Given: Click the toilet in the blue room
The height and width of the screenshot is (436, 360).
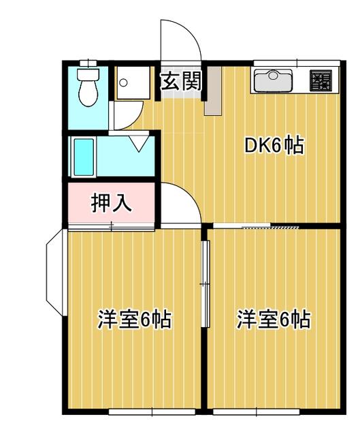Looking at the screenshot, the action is pos(88,87).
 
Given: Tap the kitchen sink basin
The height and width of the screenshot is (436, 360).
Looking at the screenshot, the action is pos(273,80).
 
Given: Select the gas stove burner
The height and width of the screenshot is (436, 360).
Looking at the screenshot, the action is pos(321,80).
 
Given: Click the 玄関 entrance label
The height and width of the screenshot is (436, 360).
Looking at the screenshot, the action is pos(181,81).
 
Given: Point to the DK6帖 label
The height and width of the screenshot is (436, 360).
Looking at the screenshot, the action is pos(274,144).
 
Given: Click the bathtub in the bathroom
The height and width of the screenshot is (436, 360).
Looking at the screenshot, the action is pos(84,157).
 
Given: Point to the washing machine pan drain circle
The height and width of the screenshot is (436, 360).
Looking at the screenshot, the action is pos(123,82).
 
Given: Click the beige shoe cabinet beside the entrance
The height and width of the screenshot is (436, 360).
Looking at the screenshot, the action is pos(213,91).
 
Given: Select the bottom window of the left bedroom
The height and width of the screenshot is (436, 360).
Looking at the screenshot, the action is pos(152,411).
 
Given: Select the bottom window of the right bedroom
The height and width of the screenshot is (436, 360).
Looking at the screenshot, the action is pos(256,411).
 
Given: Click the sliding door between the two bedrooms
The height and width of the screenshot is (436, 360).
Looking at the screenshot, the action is pos(206,283).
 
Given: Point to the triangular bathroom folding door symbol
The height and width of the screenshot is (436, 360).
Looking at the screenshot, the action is pos(140,142).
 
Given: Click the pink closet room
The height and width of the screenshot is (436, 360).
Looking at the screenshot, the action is pos(112,203).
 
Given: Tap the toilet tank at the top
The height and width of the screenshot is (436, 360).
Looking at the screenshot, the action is pos(88,74).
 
